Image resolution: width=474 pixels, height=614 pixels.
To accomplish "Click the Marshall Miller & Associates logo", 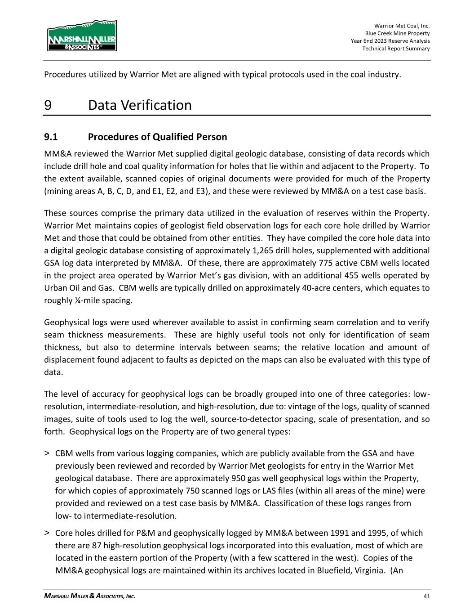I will pyautogui.click(x=82, y=36).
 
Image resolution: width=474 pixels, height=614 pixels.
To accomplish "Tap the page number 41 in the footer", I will pyautogui.click(x=426, y=596).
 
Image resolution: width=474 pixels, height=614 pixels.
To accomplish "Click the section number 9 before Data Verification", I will pyautogui.click(x=48, y=105).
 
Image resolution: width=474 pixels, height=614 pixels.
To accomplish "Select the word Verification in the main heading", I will pyautogui.click(x=154, y=105).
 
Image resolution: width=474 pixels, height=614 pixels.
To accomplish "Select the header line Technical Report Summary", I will pyautogui.click(x=396, y=49).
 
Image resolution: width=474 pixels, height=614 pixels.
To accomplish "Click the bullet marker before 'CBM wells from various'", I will pyautogui.click(x=47, y=453).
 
